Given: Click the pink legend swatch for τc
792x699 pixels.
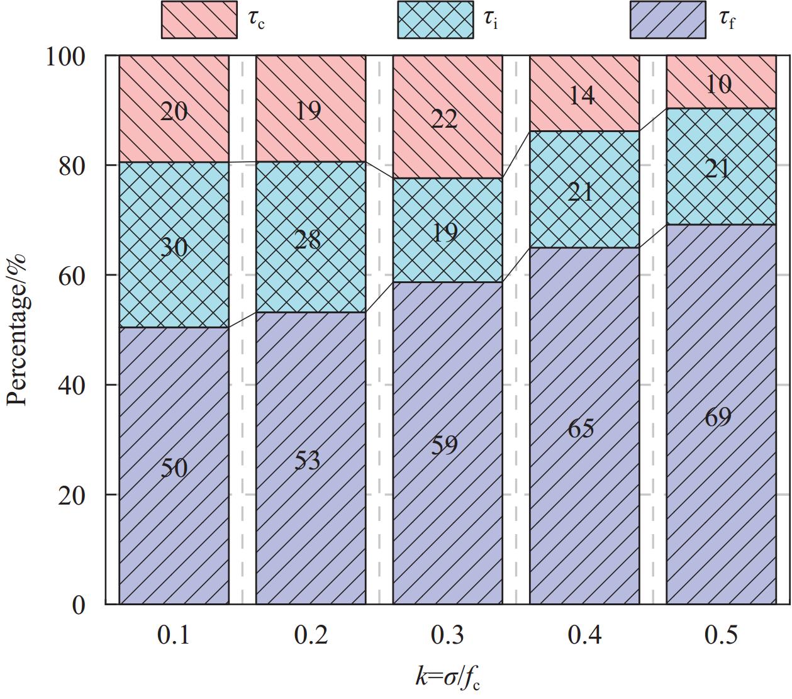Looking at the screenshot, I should point(199,20).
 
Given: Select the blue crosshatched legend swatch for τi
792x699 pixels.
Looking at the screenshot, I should point(435,20).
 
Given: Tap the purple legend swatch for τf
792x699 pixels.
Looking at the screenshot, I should point(668,20).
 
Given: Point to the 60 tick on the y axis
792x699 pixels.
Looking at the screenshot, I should point(70,276).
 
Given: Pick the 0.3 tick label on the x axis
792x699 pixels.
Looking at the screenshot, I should point(447,635).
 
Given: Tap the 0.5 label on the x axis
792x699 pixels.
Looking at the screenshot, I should point(721,635).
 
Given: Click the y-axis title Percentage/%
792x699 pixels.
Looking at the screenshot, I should point(18,330).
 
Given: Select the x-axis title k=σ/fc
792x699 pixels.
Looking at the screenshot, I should point(451,677).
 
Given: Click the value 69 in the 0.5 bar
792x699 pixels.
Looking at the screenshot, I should point(718,417).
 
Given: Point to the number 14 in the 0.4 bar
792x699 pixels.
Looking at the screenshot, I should point(581,96).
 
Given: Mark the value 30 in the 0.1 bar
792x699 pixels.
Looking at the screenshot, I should point(174,247).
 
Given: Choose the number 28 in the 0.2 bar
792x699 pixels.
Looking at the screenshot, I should point(308,240).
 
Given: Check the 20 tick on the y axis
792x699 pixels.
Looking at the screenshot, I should point(70,495).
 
